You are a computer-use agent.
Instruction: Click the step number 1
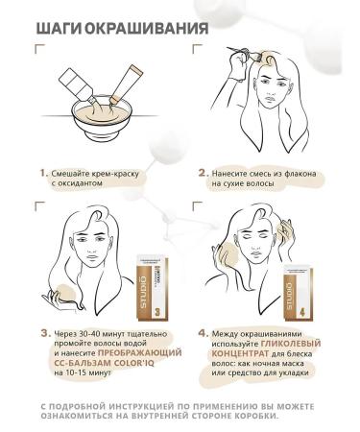(x=43, y=174)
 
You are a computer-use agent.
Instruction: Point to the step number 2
(x=203, y=174)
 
